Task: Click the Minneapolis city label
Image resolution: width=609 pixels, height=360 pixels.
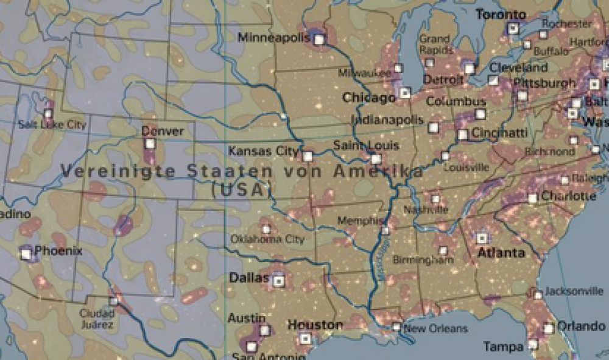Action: click(274, 38)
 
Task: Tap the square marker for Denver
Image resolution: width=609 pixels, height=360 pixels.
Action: click(150, 144)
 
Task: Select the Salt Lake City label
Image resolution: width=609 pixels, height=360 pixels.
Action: click(52, 125)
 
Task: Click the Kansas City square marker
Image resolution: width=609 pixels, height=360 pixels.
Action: click(308, 157)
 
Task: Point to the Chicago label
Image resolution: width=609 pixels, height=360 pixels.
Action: click(369, 97)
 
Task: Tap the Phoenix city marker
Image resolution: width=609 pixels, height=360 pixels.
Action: click(26, 254)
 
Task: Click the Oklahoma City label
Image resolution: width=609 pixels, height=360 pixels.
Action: click(267, 239)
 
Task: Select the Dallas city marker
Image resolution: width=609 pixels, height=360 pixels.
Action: click(279, 281)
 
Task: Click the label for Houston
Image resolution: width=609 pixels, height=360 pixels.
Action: click(315, 325)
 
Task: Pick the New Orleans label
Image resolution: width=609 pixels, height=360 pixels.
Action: click(435, 329)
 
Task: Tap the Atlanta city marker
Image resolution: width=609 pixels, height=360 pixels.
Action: click(482, 238)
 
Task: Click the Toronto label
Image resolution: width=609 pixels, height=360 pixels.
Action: click(501, 14)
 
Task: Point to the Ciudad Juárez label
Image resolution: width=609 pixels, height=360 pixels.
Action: click(96, 319)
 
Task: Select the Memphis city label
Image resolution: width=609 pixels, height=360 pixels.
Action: click(361, 221)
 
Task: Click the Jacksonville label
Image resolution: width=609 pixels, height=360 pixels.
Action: click(574, 291)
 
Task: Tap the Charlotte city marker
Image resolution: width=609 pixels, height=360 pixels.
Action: click(533, 199)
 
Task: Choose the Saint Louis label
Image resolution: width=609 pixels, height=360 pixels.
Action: click(366, 146)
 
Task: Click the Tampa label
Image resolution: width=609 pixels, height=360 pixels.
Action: click(503, 347)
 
